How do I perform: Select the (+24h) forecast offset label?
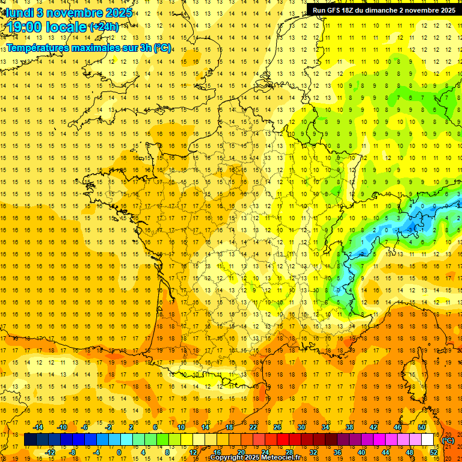click(x=103, y=26)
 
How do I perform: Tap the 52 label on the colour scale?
click(x=434, y=452)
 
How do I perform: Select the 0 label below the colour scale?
click(x=119, y=452)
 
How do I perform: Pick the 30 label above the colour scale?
click(x=301, y=427)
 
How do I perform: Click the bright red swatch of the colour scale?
click(x=283, y=440)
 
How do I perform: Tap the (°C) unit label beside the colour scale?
click(x=448, y=440)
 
